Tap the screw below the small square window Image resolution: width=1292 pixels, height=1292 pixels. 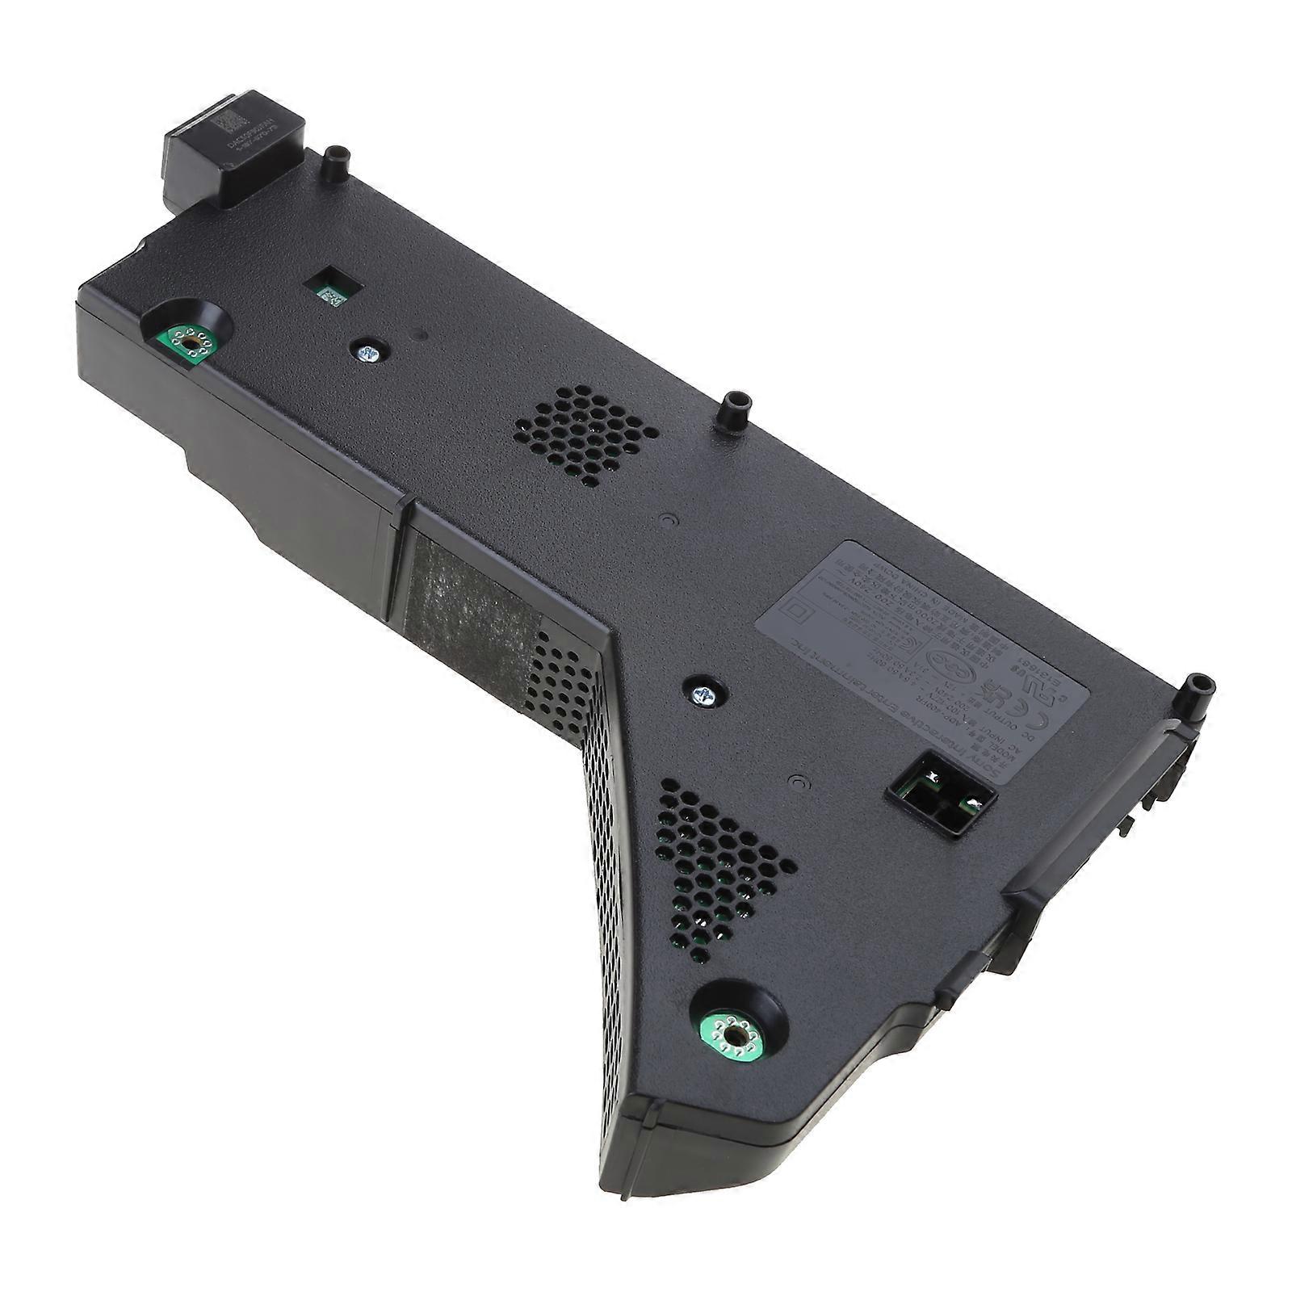368,352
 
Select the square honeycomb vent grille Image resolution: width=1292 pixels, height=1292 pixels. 585,434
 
